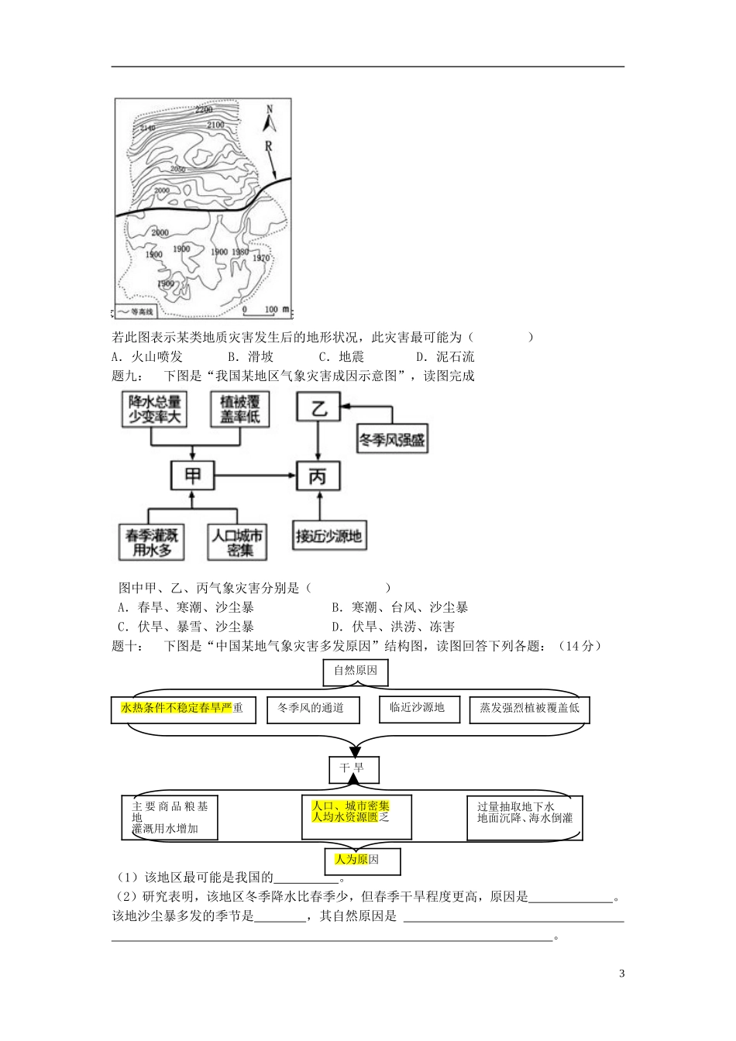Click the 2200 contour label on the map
(204, 109)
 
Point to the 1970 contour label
(261, 258)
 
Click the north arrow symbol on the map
(270, 119)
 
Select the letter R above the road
(268, 145)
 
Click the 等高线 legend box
(136, 311)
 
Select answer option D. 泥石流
(445, 357)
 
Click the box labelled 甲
(192, 475)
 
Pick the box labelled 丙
(318, 476)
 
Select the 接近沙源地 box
(328, 536)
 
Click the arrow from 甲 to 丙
(255, 475)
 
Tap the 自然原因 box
(356, 671)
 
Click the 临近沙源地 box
(418, 708)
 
